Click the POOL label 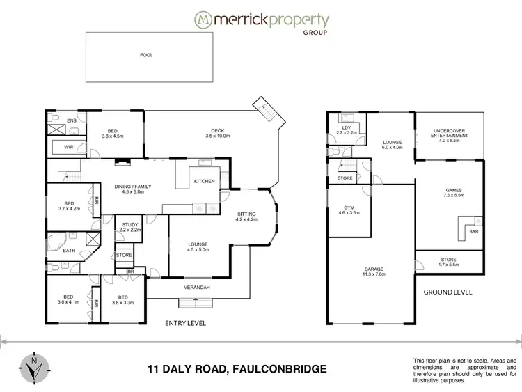pyautogui.click(x=145, y=55)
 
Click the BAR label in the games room pyautogui.click(x=474, y=230)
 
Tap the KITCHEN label pyautogui.click(x=204, y=181)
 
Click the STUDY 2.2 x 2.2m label pyautogui.click(x=129, y=228)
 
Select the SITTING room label pyautogui.click(x=246, y=217)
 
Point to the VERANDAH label pyautogui.click(x=198, y=288)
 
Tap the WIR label pyautogui.click(x=69, y=147)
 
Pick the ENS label pyautogui.click(x=71, y=121)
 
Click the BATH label pyautogui.click(x=69, y=251)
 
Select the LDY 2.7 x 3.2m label pyautogui.click(x=346, y=130)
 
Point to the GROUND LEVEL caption pyautogui.click(x=448, y=292)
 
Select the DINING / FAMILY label pyautogui.click(x=133, y=189)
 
